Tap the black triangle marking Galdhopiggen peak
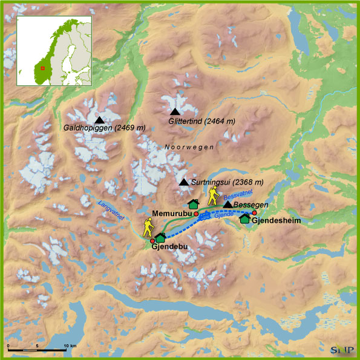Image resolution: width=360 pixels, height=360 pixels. point(99,120)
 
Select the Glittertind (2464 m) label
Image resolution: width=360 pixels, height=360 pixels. point(201,122)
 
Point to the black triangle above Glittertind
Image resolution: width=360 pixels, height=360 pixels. point(175,112)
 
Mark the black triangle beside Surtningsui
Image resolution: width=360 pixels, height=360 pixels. point(184,182)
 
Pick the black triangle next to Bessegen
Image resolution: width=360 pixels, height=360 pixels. point(227,206)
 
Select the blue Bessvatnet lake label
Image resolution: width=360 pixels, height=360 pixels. point(237,195)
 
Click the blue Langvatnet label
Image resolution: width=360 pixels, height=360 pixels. point(110,211)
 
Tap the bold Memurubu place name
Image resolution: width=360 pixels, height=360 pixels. point(172,214)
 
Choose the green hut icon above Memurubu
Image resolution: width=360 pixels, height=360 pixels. point(194,205)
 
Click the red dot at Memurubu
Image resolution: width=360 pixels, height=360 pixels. point(196,214)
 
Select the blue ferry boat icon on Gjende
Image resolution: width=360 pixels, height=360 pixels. point(207,215)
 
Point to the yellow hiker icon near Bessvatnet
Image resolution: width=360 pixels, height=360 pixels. point(213,195)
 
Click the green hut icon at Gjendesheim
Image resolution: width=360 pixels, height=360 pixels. point(244,218)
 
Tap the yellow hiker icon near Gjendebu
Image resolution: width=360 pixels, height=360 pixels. point(148,227)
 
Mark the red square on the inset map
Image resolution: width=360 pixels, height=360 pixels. point(42,68)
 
